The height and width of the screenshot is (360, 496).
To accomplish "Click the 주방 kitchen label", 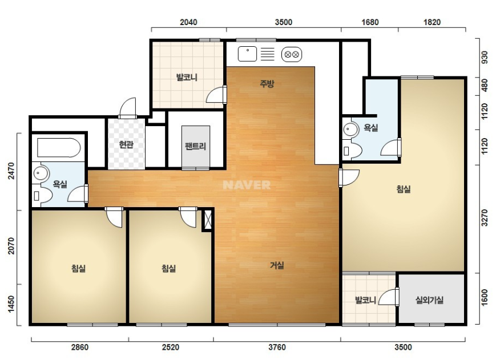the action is (267, 84).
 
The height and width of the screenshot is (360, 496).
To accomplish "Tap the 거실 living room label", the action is (277, 265).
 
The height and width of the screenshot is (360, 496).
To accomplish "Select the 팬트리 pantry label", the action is (196, 146).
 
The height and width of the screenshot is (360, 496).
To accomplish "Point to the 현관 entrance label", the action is (126, 144).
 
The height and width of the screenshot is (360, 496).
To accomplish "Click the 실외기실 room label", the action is (429, 300).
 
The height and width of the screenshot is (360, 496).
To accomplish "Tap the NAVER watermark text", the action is (247, 185).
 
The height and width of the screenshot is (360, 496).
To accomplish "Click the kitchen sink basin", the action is (247, 54).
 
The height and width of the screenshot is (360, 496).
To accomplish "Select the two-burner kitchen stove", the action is (292, 54).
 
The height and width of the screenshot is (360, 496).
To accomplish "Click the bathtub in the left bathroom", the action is (59, 148).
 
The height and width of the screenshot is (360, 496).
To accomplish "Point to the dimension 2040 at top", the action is (188, 22).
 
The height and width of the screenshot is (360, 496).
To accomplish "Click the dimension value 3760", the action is (277, 347).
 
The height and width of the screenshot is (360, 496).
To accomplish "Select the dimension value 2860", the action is (80, 347).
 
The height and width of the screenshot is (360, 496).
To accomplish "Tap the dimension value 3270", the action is (485, 218).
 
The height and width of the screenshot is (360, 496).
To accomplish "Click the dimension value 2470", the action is (11, 171).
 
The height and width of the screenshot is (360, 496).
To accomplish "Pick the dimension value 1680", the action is (370, 22).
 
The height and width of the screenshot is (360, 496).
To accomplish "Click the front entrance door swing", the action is (128, 107).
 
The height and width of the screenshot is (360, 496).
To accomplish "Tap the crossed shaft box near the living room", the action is (208, 219).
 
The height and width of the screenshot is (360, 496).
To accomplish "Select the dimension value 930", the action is (485, 58).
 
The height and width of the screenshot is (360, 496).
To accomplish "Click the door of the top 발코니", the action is (217, 95).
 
